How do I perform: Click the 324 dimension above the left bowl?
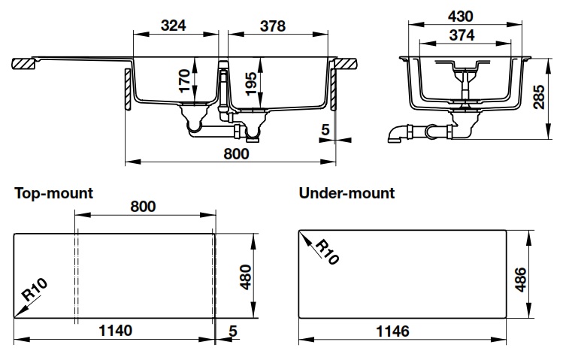point(174,26)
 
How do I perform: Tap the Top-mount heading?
point(54,193)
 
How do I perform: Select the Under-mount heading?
point(347,193)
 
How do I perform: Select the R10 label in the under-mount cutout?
point(324,251)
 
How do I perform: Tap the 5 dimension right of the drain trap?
point(325,130)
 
